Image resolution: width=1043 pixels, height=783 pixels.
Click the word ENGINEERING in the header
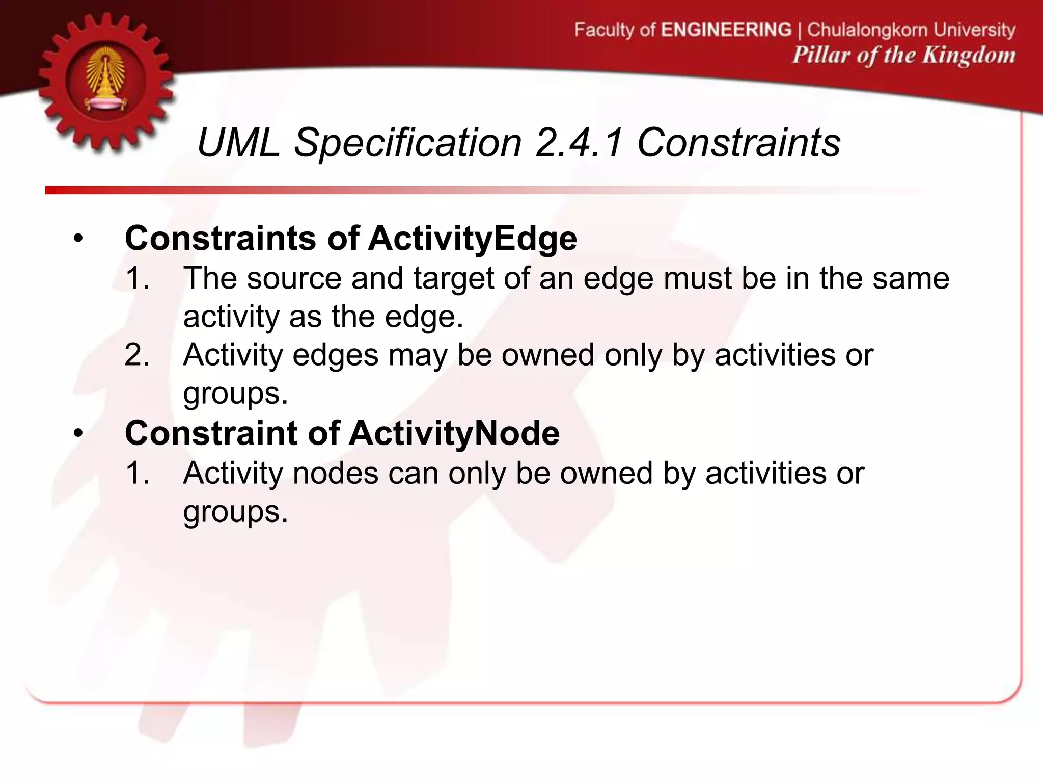(x=726, y=30)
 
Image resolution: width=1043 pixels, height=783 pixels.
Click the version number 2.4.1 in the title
(x=579, y=143)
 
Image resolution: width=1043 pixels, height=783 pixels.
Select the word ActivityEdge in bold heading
(x=472, y=239)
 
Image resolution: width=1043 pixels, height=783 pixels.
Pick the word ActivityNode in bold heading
(x=454, y=433)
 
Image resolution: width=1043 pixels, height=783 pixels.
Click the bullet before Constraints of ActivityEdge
(x=77, y=239)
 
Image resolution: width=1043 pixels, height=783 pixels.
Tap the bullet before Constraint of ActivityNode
(x=77, y=434)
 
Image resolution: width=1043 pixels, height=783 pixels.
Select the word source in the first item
(x=294, y=279)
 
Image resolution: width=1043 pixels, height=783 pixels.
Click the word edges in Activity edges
(x=335, y=355)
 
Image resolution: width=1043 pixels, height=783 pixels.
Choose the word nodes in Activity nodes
(x=335, y=474)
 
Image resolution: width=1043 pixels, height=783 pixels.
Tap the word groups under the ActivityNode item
(x=235, y=512)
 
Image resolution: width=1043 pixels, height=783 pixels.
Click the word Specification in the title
(x=408, y=143)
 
